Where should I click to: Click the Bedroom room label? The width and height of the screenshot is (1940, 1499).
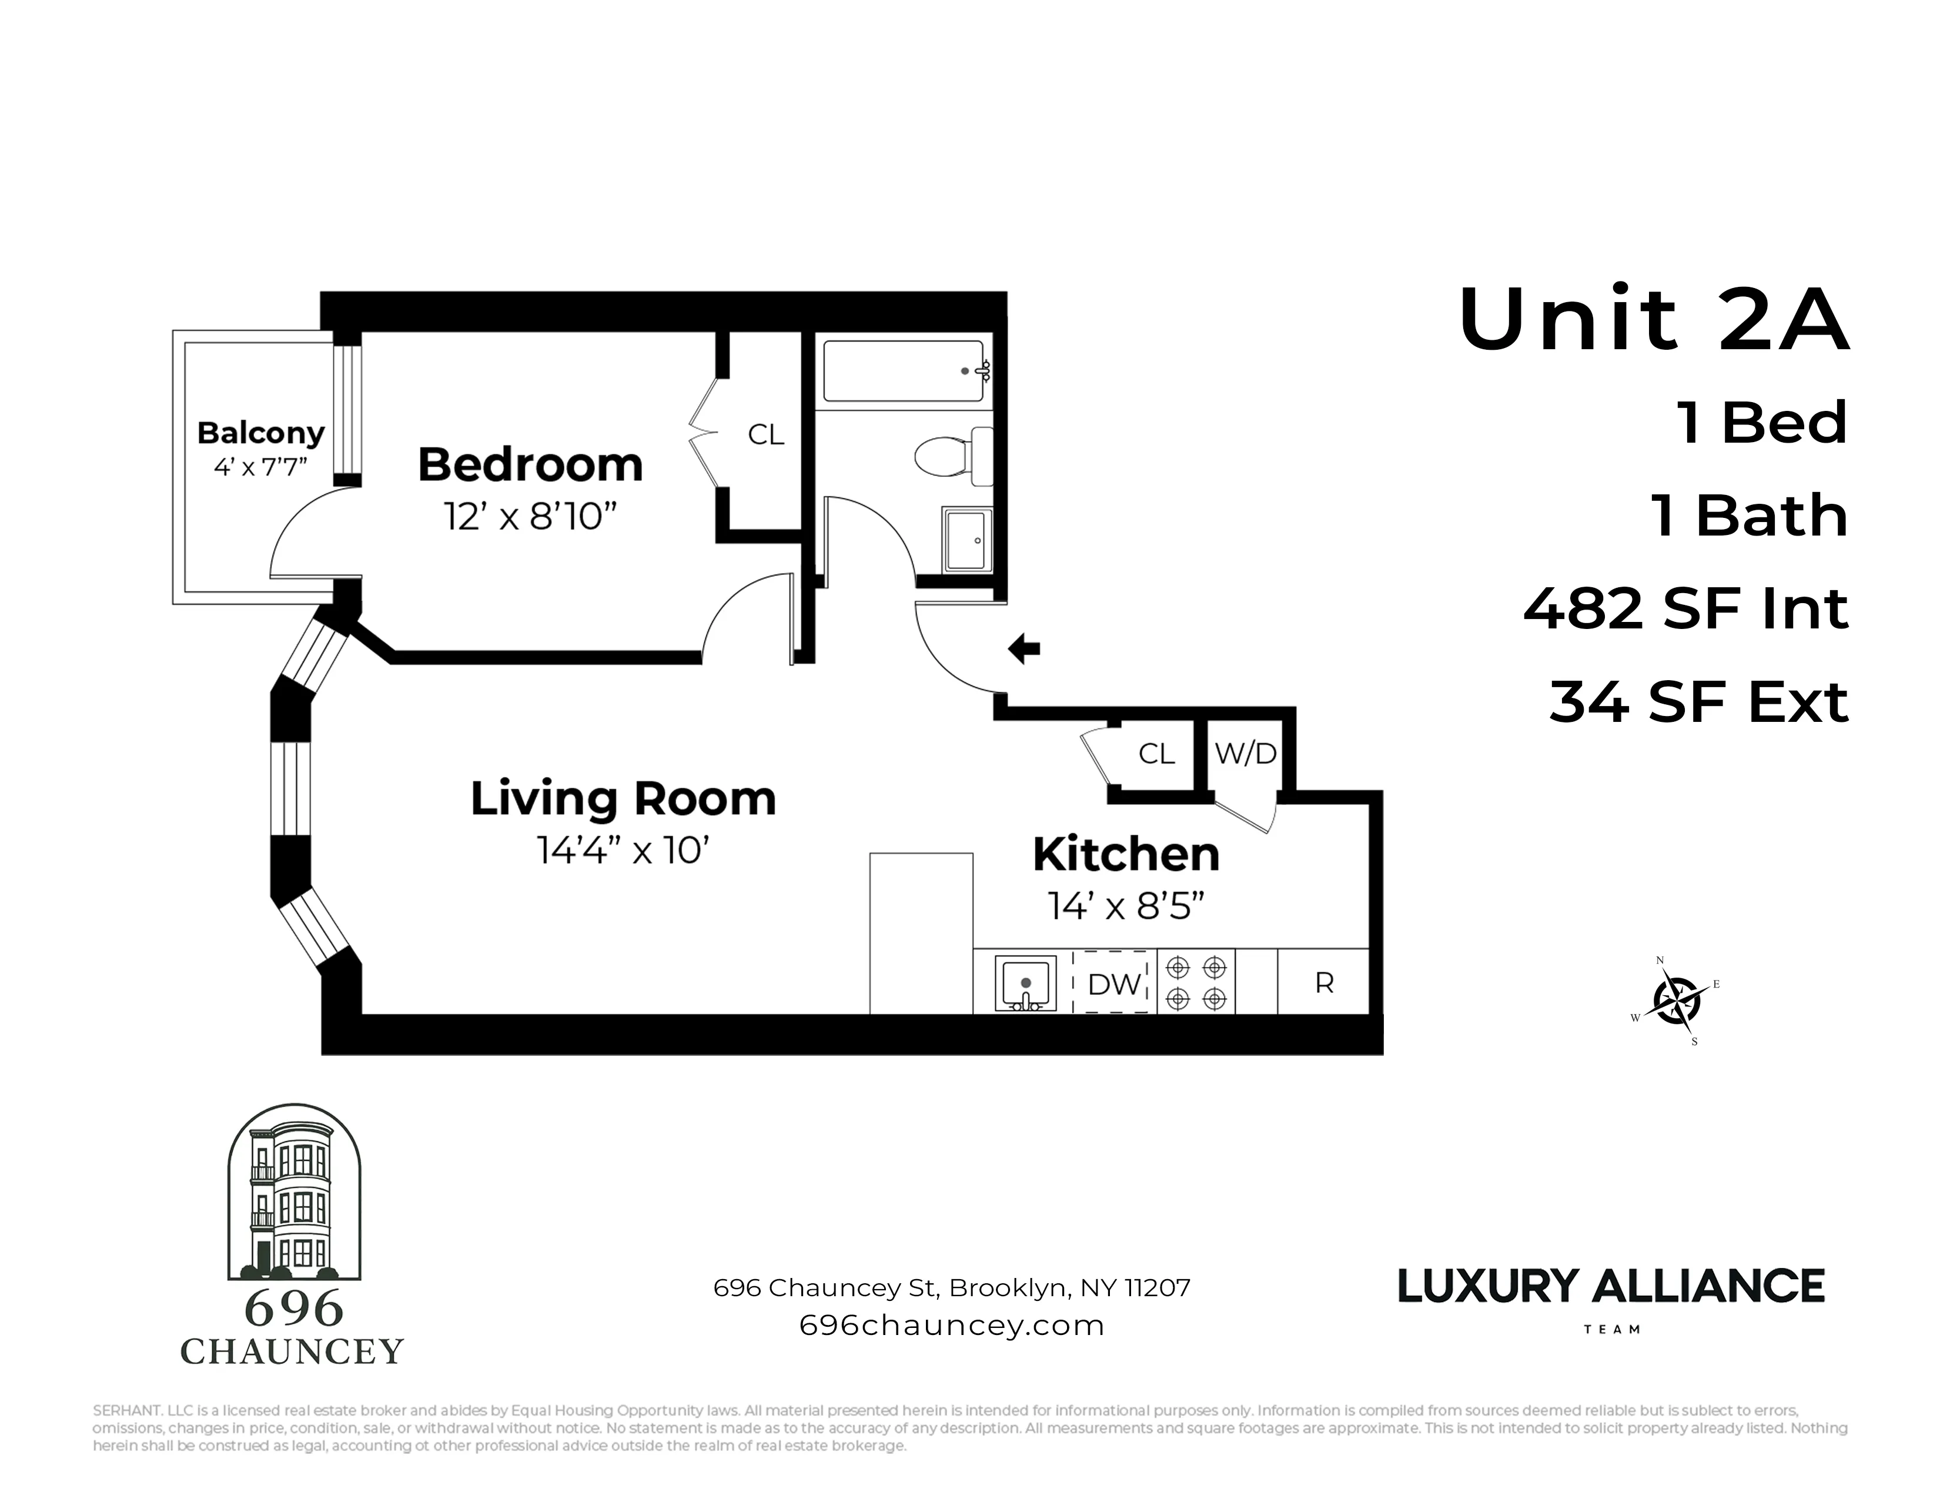coord(530,466)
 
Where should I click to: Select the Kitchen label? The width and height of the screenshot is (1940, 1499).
coord(1125,854)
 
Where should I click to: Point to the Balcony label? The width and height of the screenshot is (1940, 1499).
coord(260,433)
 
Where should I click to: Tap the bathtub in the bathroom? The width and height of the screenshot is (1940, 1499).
coord(904,371)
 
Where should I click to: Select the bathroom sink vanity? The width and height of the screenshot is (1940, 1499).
coord(967,540)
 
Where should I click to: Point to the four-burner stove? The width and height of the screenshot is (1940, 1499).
coord(1196,983)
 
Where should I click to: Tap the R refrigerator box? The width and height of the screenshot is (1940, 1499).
coord(1323,983)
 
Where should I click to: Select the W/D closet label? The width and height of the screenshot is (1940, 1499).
coord(1245,754)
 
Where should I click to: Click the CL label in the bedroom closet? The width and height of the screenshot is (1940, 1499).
coord(765,434)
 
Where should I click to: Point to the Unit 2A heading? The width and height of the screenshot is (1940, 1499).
coord(1653,320)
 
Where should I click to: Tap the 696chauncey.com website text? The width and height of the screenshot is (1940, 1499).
coord(951,1326)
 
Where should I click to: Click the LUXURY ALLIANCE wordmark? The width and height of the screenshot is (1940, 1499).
coord(1610,1287)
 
